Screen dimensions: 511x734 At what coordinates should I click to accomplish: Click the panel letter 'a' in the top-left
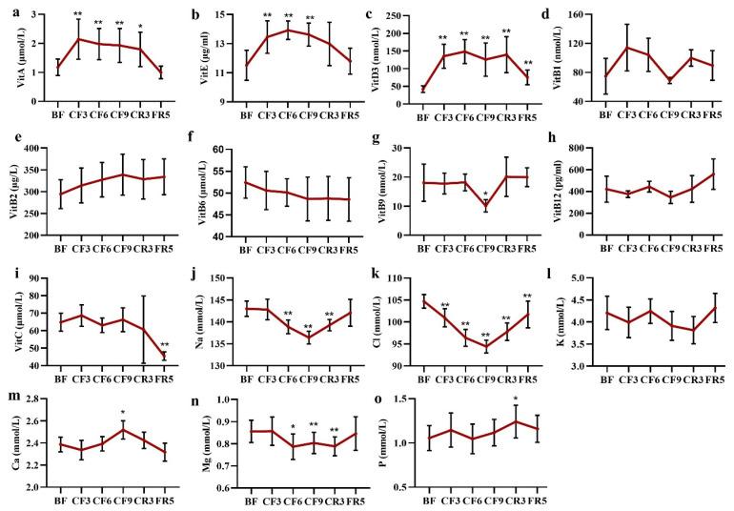9,14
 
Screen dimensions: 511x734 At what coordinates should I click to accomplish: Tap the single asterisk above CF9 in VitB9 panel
486,195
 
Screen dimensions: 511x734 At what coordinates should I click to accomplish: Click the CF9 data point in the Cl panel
486,348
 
